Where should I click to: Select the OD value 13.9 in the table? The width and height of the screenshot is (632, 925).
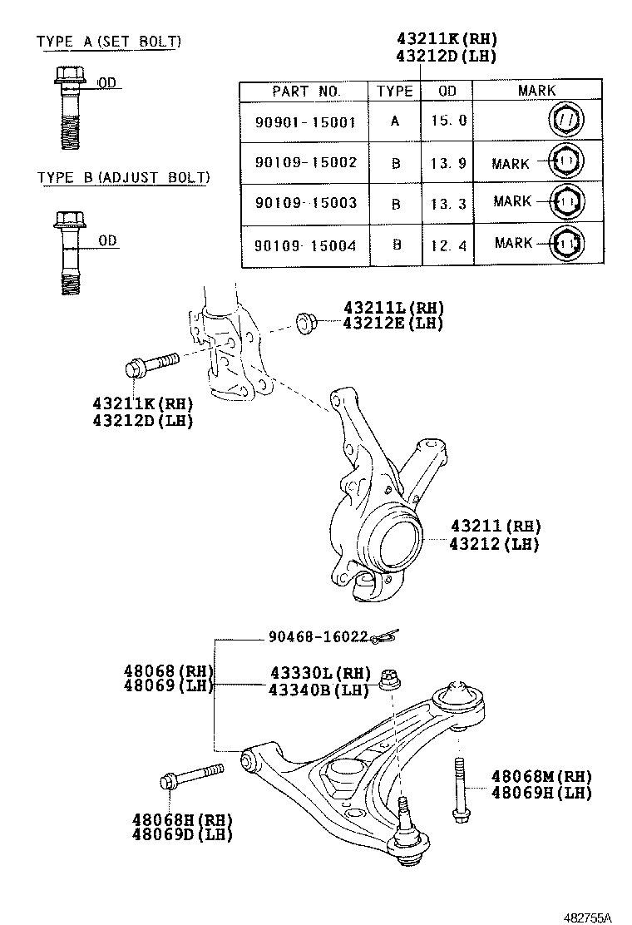(x=448, y=162)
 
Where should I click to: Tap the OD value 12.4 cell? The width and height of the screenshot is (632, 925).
(x=448, y=245)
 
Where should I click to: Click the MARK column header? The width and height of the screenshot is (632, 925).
(x=536, y=91)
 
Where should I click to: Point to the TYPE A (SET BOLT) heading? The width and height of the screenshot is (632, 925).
(x=109, y=42)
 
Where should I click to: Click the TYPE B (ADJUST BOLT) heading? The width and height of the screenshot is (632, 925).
(x=123, y=177)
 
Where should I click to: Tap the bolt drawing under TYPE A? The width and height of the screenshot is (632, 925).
(x=71, y=108)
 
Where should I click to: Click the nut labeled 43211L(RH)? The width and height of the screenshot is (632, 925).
(x=305, y=321)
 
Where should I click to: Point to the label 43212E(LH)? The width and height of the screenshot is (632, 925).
(x=393, y=324)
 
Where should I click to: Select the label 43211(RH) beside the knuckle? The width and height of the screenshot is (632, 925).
(x=495, y=526)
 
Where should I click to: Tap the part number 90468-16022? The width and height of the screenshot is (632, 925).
(x=318, y=636)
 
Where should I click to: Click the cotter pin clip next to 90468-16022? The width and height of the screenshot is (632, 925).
(x=385, y=637)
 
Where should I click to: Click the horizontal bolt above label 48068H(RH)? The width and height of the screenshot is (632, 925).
(x=190, y=775)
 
